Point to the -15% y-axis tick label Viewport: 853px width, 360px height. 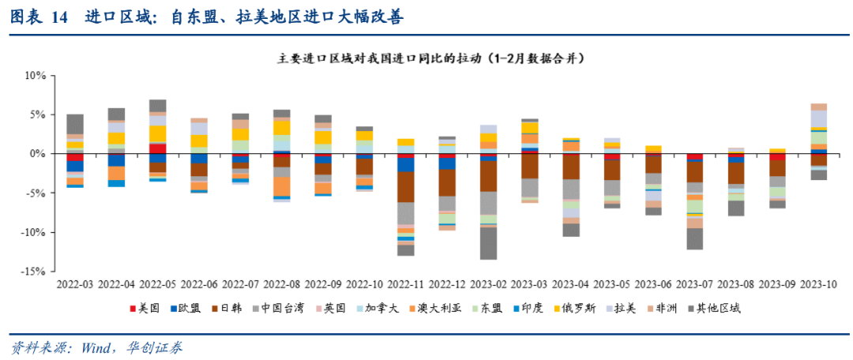pos(35,271)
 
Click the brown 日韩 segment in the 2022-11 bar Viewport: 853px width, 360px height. pos(406,187)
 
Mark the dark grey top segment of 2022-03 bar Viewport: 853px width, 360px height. pos(75,124)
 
